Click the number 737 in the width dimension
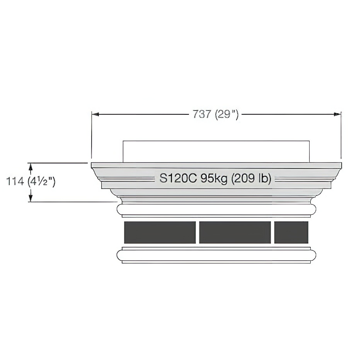[202, 114]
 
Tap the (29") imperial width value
[227, 114]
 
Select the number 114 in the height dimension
[15, 182]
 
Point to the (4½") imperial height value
[41, 182]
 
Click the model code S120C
[178, 178]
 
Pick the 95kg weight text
[214, 178]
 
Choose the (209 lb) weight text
[251, 178]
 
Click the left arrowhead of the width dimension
[95, 114]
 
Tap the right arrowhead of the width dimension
[337, 114]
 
